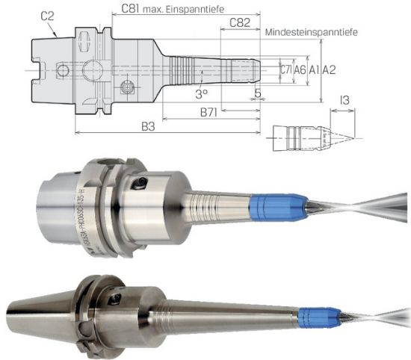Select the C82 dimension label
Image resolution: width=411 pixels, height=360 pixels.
tap(239, 22)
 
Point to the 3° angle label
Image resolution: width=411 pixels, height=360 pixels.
tap(201, 94)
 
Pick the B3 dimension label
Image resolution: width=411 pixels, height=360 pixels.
tap(149, 127)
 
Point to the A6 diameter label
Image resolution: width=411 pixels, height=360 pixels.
tap(300, 69)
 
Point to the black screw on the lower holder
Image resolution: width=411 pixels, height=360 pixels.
tap(115, 300)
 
